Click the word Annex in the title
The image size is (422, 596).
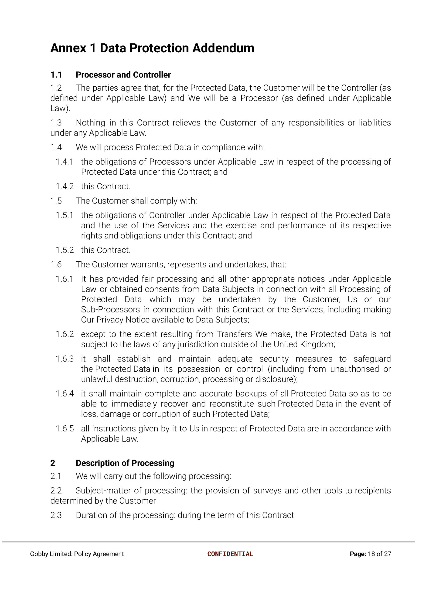[68, 48]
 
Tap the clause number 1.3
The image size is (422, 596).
[56, 123]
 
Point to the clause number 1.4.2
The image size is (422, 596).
[65, 186]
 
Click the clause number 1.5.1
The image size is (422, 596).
[65, 215]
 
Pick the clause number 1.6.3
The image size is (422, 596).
[65, 359]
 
